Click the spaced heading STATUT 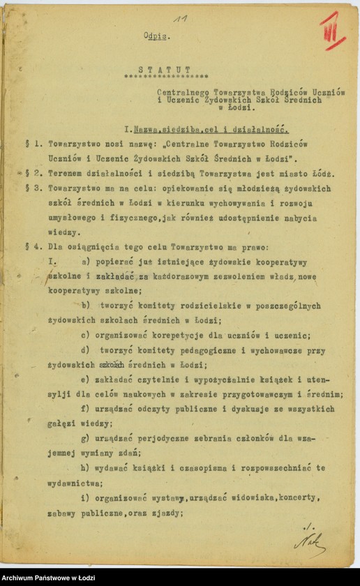(165, 69)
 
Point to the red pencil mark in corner (333, 31)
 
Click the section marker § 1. (30, 143)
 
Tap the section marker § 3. (30, 188)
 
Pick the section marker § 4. (30, 247)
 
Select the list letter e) (84, 380)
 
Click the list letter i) (84, 497)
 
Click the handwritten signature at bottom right (309, 539)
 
